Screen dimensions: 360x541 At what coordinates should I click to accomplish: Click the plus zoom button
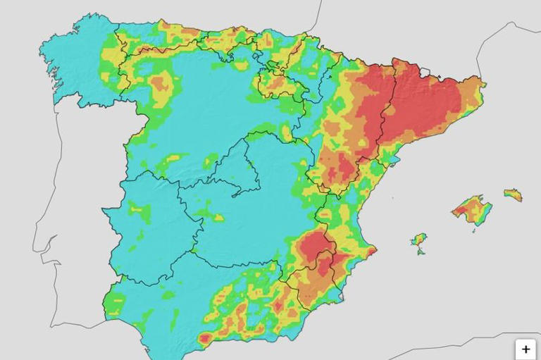526,349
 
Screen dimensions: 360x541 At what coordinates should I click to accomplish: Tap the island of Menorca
514,194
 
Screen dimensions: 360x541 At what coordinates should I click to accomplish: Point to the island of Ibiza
419,240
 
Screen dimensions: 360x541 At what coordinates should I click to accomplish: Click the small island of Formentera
421,252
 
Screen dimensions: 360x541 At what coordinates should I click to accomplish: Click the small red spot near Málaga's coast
204,339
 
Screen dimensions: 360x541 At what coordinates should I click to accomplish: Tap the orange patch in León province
161,82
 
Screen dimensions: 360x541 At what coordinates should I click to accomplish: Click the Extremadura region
148,225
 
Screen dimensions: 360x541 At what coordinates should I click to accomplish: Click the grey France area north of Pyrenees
394,28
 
